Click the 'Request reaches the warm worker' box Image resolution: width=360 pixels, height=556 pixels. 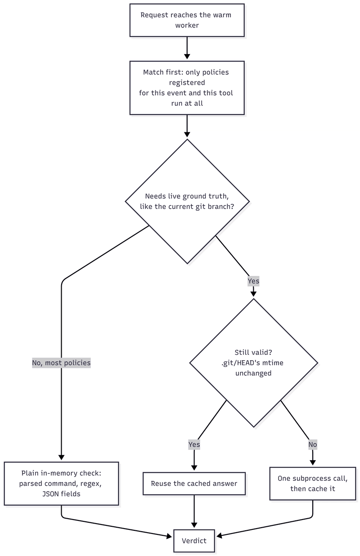[x=187, y=20]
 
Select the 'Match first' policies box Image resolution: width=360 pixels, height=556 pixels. [x=187, y=88]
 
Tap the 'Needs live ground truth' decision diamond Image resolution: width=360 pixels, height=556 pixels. [x=187, y=201]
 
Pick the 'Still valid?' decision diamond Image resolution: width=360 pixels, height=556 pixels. [x=253, y=363]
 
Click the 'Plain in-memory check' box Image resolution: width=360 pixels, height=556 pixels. [x=61, y=483]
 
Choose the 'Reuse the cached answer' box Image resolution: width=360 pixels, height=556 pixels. [x=194, y=483]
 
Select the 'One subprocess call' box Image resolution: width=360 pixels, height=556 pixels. [x=313, y=483]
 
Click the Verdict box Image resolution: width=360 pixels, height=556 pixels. [x=194, y=541]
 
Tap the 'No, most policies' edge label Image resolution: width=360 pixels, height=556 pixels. [x=61, y=363]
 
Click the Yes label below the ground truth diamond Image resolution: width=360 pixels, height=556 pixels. [x=253, y=281]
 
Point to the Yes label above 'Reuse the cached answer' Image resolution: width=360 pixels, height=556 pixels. [x=194, y=444]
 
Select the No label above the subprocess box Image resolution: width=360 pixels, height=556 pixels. [x=313, y=444]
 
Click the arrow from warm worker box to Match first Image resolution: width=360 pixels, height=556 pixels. [x=187, y=48]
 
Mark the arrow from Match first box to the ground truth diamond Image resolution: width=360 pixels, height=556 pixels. [x=187, y=126]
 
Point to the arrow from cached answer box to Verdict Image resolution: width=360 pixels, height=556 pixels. [x=194, y=511]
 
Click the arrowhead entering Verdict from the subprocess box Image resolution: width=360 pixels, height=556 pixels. [x=219, y=536]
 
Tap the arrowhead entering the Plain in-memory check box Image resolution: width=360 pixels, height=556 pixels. [x=61, y=457]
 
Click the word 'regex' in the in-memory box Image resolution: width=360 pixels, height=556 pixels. [x=91, y=484]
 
